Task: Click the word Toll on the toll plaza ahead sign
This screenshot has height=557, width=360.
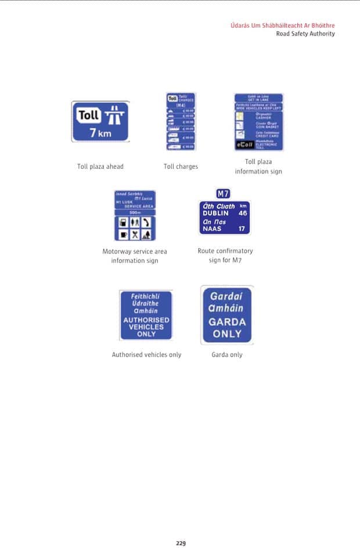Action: (x=89, y=115)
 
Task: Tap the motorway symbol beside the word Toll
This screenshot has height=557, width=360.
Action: (x=115, y=115)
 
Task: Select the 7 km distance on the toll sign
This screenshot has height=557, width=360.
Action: (x=100, y=133)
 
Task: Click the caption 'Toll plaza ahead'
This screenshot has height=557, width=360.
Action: (x=100, y=167)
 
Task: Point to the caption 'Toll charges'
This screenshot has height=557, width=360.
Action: (x=181, y=167)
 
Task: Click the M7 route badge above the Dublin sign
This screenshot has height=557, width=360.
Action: (x=224, y=194)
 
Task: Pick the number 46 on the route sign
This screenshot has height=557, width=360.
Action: (x=243, y=213)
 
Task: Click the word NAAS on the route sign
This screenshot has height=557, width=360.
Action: (x=211, y=229)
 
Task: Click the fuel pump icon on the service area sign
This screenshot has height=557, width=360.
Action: (x=123, y=222)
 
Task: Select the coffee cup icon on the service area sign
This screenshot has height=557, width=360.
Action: (x=123, y=234)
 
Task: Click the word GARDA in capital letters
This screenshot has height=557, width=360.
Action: (x=227, y=322)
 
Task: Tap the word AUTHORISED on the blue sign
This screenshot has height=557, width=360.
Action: (x=146, y=320)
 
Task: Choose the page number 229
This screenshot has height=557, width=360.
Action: (x=181, y=543)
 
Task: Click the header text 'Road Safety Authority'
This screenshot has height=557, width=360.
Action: (x=305, y=34)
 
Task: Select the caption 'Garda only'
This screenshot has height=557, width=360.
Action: (x=227, y=355)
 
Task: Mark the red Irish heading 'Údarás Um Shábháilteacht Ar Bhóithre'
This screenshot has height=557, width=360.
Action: (x=283, y=26)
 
